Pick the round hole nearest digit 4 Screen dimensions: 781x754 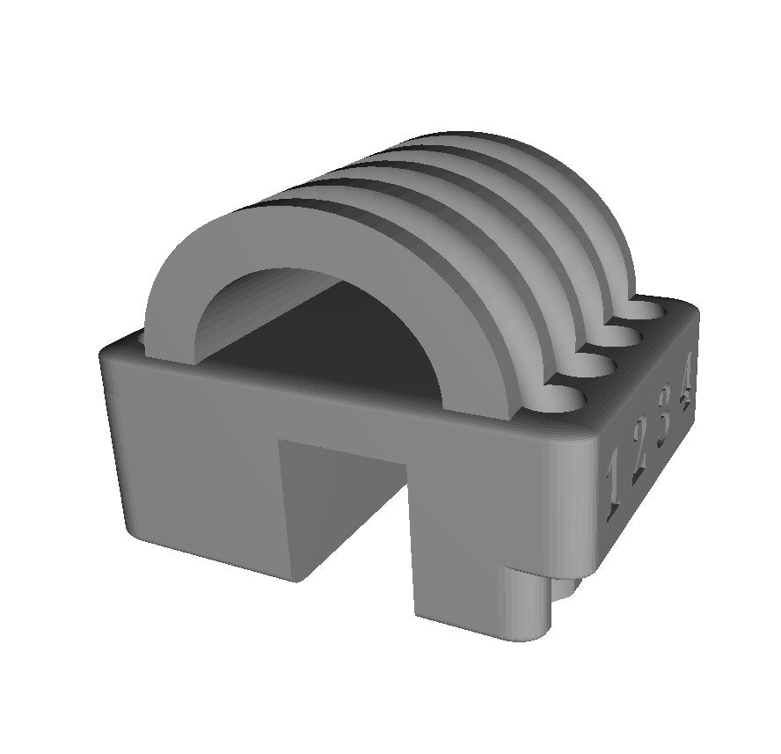(x=649, y=310)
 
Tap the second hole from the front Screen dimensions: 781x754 (x=596, y=370)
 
